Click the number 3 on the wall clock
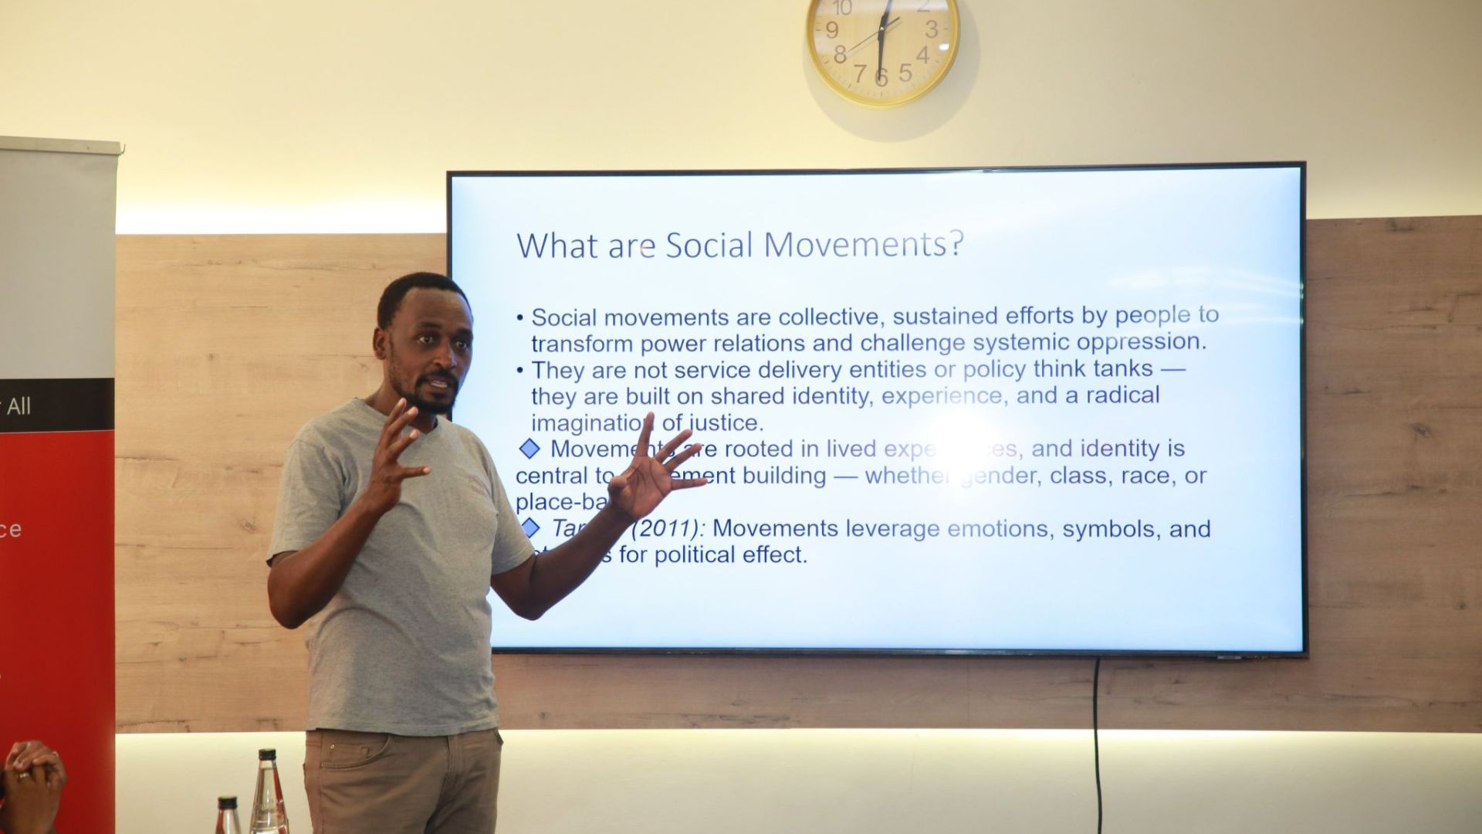(x=932, y=29)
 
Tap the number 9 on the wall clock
(x=832, y=30)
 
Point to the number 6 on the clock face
(x=881, y=76)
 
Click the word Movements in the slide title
(x=852, y=245)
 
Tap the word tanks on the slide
(x=1122, y=369)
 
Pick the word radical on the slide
(x=1122, y=395)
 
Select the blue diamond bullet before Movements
(x=530, y=449)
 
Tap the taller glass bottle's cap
(x=267, y=754)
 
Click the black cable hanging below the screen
(x=1097, y=734)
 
